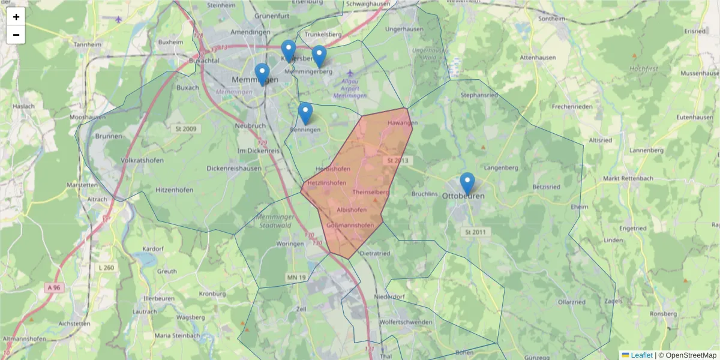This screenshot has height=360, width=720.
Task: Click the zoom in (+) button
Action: pos(16,17)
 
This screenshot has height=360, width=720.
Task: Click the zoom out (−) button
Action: pos(16,35)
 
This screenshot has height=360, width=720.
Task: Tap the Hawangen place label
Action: pos(402,122)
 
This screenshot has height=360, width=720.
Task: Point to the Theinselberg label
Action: pos(371,192)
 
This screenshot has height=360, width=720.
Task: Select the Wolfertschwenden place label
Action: pos(406,322)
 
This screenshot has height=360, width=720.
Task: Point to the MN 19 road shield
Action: pos(296,277)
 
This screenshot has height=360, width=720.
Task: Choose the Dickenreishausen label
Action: pos(233,169)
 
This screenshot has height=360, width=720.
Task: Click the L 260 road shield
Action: pos(106,268)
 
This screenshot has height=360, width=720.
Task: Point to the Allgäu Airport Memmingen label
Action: pos(350,88)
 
